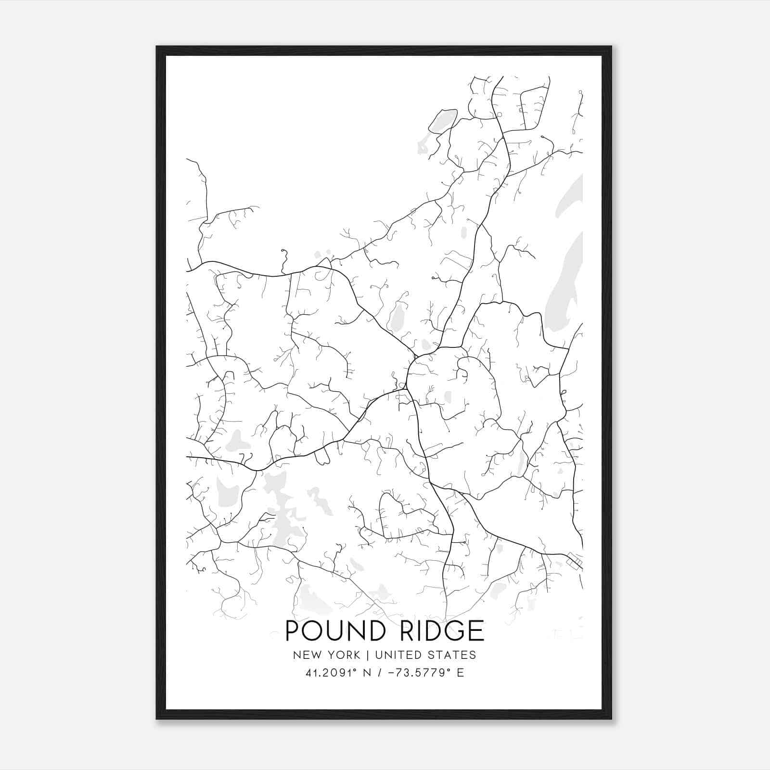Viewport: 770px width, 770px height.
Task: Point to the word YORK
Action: point(343,655)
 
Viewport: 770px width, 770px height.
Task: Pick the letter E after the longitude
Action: point(461,673)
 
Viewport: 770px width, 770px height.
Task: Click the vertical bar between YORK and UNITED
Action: point(367,655)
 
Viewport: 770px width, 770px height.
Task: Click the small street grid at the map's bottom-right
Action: point(574,560)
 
